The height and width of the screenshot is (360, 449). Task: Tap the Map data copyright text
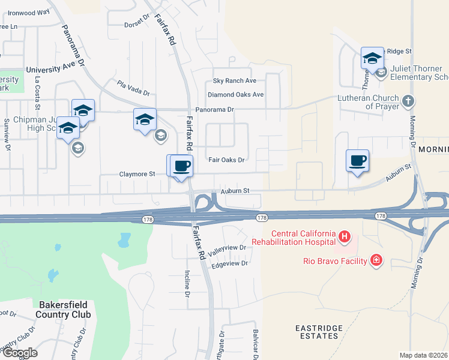tap(424, 355)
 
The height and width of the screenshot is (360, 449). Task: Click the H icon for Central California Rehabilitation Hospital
tap(345, 237)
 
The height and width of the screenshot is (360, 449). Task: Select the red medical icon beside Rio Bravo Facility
tap(376, 260)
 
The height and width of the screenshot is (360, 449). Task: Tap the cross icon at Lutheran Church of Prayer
tap(408, 100)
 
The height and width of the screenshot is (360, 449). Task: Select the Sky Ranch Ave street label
tap(235, 81)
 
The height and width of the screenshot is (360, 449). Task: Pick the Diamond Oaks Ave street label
tap(235, 95)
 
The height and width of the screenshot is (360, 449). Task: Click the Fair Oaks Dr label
tap(226, 160)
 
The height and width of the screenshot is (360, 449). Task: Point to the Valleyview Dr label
tap(226, 248)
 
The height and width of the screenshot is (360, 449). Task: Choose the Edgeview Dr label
tap(230, 263)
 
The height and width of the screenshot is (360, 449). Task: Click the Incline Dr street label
tap(186, 285)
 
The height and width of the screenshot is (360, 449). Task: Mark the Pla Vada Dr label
tap(133, 88)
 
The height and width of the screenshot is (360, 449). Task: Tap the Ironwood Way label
tap(29, 12)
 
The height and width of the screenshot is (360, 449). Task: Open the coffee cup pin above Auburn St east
tap(357, 161)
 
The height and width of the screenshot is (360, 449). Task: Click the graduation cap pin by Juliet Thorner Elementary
tap(372, 58)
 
